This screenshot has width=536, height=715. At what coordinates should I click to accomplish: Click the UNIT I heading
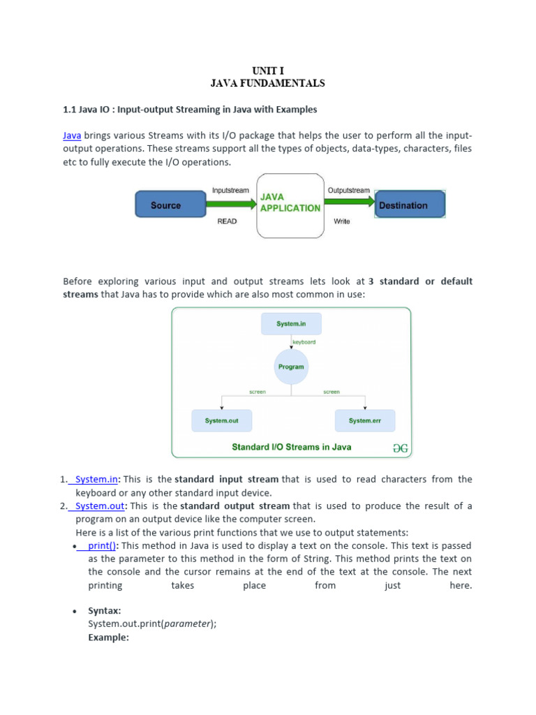point(268,71)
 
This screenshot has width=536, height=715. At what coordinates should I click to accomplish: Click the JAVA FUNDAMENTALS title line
point(268,83)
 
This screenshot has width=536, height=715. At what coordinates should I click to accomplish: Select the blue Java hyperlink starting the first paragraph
point(72,135)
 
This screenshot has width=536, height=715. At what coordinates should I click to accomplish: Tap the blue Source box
point(165,205)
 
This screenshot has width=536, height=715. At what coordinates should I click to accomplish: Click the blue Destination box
point(410,205)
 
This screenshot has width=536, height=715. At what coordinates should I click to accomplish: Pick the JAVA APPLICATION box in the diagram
point(290,205)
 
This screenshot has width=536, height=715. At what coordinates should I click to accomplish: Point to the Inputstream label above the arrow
point(231,190)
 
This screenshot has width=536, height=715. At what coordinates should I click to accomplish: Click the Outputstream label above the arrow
point(348,190)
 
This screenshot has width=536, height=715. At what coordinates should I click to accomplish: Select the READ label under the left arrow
point(227,221)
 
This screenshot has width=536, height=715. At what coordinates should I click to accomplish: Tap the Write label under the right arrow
point(341,221)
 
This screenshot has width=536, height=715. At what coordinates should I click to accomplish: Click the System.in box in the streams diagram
point(291,324)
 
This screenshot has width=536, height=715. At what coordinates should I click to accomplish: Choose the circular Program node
point(291,367)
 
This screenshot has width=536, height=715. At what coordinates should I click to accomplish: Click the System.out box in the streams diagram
point(221,421)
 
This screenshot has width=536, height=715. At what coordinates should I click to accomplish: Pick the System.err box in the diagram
point(365,421)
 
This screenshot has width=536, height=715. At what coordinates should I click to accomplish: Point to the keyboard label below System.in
point(304,342)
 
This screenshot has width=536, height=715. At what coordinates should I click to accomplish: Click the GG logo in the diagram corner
point(399,447)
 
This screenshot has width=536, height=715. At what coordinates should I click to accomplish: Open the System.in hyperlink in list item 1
point(96,479)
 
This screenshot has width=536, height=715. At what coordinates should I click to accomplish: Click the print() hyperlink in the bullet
point(102,545)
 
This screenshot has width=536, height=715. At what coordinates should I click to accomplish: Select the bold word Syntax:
point(105,611)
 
